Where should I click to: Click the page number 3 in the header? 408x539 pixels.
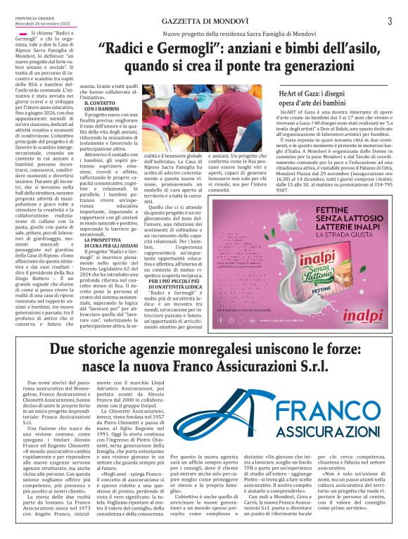pyautogui.click(x=389, y=20)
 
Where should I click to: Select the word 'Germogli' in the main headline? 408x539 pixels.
pyautogui.click(x=167, y=50)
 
